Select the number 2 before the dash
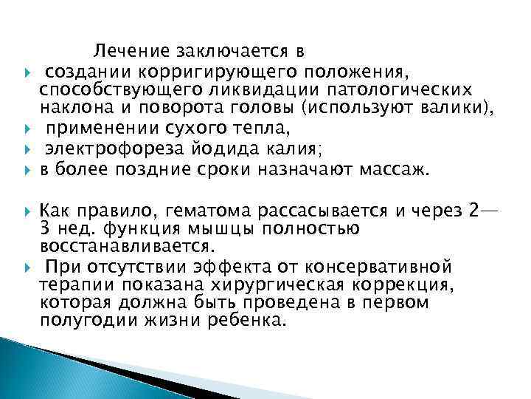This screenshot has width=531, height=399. click(x=473, y=211)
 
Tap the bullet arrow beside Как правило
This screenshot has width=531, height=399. click(x=26, y=211)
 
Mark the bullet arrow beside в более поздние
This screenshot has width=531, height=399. click(x=26, y=170)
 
